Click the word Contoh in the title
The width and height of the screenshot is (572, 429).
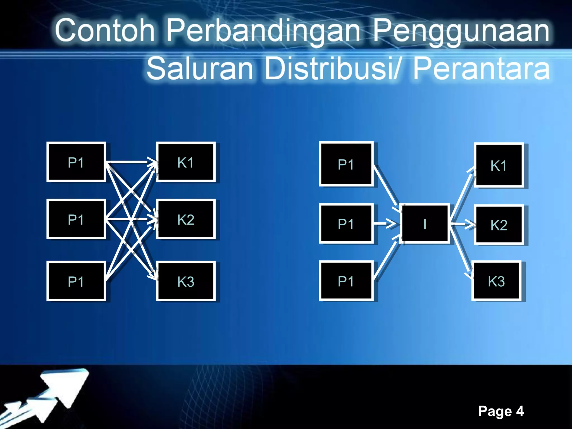(105, 30)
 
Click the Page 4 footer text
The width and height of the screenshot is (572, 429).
(501, 411)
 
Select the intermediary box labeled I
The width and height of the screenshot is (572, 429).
(425, 224)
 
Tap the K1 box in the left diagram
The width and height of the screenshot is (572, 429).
(186, 162)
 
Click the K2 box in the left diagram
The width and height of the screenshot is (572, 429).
(186, 220)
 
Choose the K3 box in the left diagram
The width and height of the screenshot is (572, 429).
(186, 281)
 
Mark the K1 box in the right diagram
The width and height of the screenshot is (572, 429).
(499, 165)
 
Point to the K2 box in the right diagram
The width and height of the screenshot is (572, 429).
(499, 225)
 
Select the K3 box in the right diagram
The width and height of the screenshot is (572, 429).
(496, 281)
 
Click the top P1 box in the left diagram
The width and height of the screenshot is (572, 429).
(76, 162)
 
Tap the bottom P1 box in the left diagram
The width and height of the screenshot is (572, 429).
(76, 281)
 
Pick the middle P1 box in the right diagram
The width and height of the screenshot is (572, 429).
(346, 224)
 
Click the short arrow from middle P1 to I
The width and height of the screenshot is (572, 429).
(385, 223)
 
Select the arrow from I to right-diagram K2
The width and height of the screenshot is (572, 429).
(462, 224)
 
